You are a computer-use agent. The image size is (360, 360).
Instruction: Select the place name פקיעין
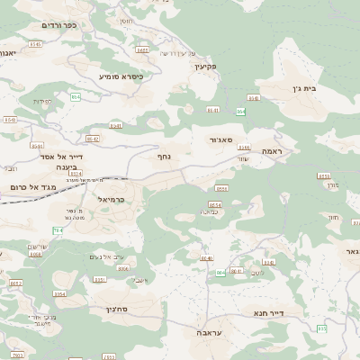coord(207,67)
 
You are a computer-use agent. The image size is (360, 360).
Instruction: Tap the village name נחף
coord(177,157)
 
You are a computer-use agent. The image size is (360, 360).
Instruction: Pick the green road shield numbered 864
coord(240,112)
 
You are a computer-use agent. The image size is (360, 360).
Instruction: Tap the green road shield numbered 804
coord(220,273)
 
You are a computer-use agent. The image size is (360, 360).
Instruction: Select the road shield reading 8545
coord(34,43)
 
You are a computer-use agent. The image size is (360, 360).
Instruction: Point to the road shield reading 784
coord(58,231)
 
